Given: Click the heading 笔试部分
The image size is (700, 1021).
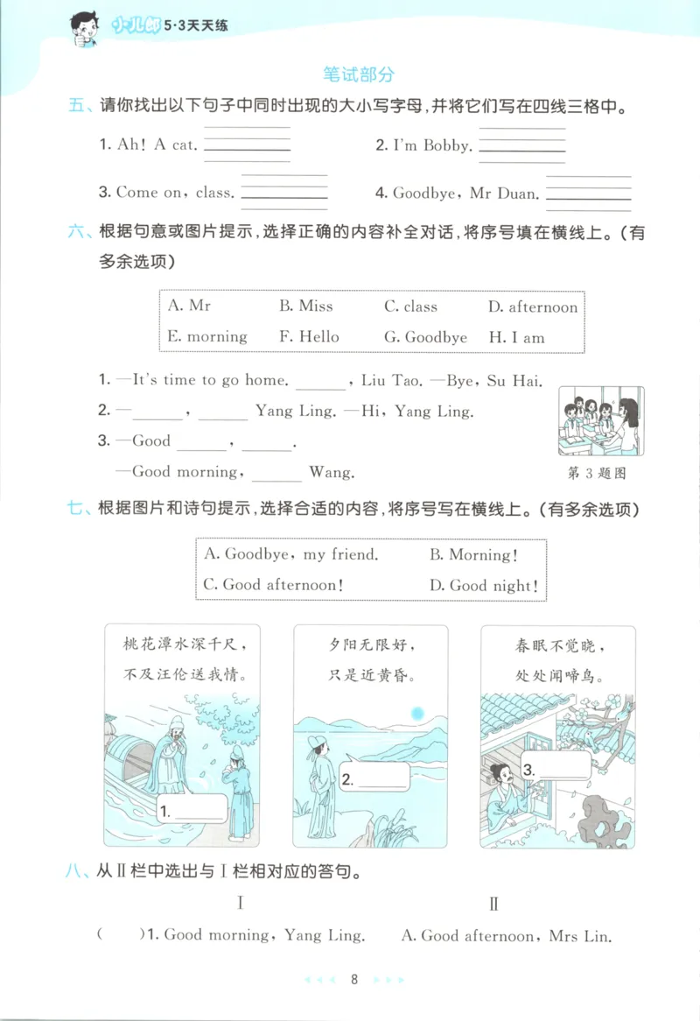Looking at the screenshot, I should pyautogui.click(x=358, y=74).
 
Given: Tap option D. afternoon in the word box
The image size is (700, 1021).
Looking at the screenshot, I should pyautogui.click(x=532, y=306).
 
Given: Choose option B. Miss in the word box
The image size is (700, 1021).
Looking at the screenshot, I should pyautogui.click(x=305, y=306).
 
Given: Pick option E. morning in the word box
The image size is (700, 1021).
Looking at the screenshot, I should pyautogui.click(x=206, y=337).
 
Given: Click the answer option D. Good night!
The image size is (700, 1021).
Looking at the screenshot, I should pyautogui.click(x=483, y=586).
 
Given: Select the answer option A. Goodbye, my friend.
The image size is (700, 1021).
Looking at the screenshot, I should pyautogui.click(x=290, y=554).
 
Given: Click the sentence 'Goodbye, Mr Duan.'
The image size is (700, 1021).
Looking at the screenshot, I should pyautogui.click(x=466, y=194).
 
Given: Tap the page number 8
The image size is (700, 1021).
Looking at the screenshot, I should pyautogui.click(x=353, y=980).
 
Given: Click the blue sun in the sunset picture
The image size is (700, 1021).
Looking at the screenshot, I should pyautogui.click(x=416, y=714).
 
